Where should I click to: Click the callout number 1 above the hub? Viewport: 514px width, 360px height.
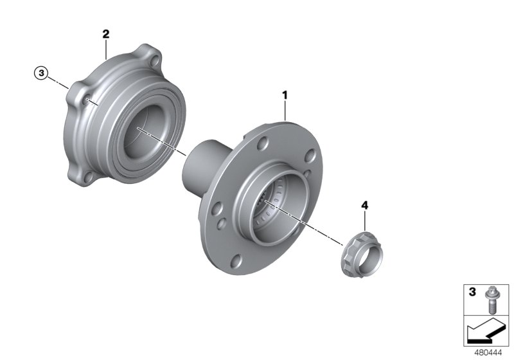[x=285, y=94]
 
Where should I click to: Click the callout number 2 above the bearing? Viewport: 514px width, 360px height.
[x=106, y=33]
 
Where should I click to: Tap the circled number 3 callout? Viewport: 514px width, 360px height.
[x=42, y=75]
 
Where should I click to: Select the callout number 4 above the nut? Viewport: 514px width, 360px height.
[x=365, y=206]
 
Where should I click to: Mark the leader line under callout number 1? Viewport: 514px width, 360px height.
[x=285, y=111]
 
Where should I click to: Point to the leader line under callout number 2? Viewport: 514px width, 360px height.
[x=106, y=50]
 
